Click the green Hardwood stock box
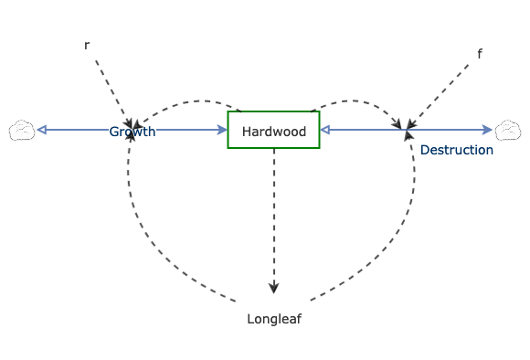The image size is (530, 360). click(x=273, y=131)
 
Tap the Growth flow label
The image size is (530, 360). click(x=132, y=132)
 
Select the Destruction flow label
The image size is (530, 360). click(x=457, y=150)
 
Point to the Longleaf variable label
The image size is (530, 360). click(x=274, y=319)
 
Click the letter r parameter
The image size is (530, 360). click(x=87, y=44)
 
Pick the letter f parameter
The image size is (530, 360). click(x=480, y=54)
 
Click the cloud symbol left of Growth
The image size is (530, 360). click(x=22, y=131)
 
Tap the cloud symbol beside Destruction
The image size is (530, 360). click(x=506, y=131)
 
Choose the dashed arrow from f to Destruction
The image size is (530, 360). click(x=443, y=90)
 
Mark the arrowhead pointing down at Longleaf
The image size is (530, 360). click(x=274, y=288)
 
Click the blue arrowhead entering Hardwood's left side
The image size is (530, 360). click(x=222, y=131)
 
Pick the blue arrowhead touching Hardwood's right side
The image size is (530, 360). click(x=325, y=131)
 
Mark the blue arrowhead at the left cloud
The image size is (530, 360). click(x=41, y=131)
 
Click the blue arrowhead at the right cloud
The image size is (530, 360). click(x=488, y=131)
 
